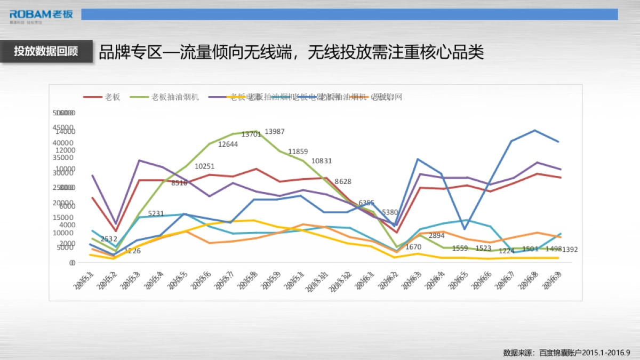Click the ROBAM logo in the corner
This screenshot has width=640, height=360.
coord(41,14)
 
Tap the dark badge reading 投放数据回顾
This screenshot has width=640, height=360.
coord(46,51)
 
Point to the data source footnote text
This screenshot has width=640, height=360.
coord(566,353)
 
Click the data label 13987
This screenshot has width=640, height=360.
coord(275,132)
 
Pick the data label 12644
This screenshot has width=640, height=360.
coord(228,144)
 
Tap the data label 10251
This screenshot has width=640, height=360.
coord(205,166)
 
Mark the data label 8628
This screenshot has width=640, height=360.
coord(343,182)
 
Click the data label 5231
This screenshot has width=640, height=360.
coord(156,213)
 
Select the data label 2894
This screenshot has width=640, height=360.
coord(436,236)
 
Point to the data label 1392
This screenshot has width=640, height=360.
coord(570,250)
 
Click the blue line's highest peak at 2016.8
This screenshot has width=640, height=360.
coord(535,130)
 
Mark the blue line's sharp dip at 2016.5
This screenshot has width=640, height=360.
coord(465,229)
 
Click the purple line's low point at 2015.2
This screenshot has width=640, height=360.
coord(115,224)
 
